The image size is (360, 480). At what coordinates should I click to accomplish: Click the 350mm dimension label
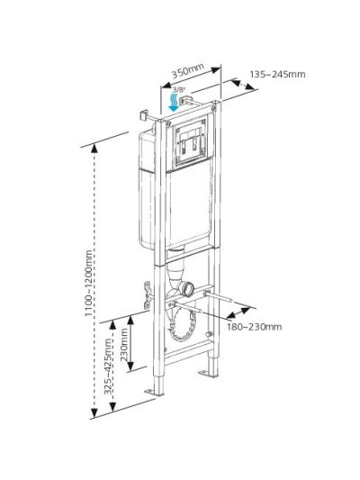(x=187, y=71)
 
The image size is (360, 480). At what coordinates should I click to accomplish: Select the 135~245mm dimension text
(x=277, y=75)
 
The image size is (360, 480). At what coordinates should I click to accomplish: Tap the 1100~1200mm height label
(x=89, y=283)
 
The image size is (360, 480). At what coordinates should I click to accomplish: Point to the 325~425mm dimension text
(x=108, y=367)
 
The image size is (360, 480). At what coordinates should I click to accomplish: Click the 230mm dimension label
(x=124, y=344)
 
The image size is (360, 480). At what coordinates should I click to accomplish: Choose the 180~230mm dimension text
(x=254, y=327)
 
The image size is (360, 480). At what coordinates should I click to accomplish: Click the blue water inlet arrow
(x=174, y=103)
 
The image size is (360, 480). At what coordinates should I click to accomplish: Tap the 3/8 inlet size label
(x=179, y=90)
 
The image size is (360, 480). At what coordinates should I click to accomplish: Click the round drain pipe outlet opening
(x=189, y=288)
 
